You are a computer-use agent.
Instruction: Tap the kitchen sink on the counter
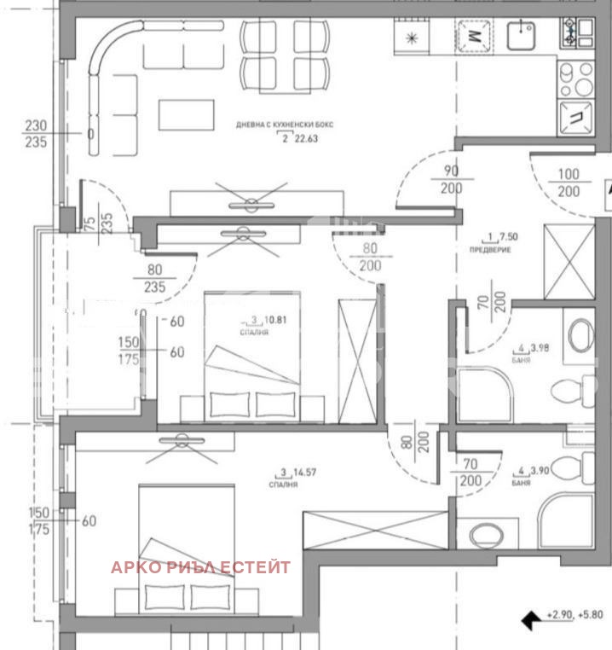point(520,35)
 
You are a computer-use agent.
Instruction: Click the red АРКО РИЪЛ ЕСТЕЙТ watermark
point(200,567)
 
